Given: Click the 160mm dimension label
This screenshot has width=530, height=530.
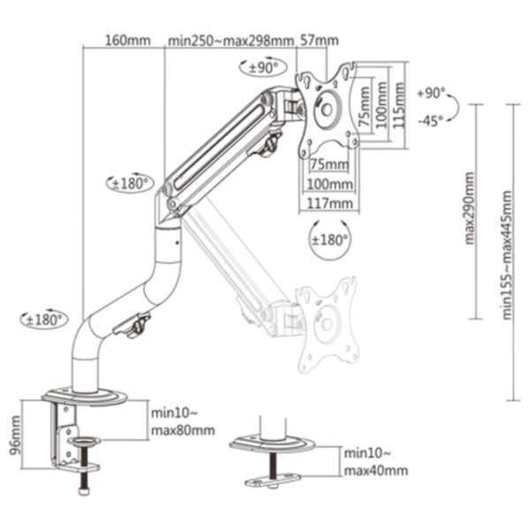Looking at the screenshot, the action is tap(128, 41).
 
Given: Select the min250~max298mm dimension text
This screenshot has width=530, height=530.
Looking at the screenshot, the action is tap(231, 41).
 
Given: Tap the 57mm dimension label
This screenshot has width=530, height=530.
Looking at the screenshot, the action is tap(320, 41).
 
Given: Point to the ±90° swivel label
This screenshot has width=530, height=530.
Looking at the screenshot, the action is tap(263, 68).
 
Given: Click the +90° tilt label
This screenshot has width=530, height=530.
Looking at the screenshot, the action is tap(432, 93).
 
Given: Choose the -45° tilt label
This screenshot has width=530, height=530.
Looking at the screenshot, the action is tap(430, 121).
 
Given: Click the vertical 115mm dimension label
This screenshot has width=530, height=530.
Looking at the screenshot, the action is tap(399, 105).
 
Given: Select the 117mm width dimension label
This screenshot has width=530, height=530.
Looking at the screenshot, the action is tap(329, 203).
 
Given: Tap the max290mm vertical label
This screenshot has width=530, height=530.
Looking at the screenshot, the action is tap(470, 208).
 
